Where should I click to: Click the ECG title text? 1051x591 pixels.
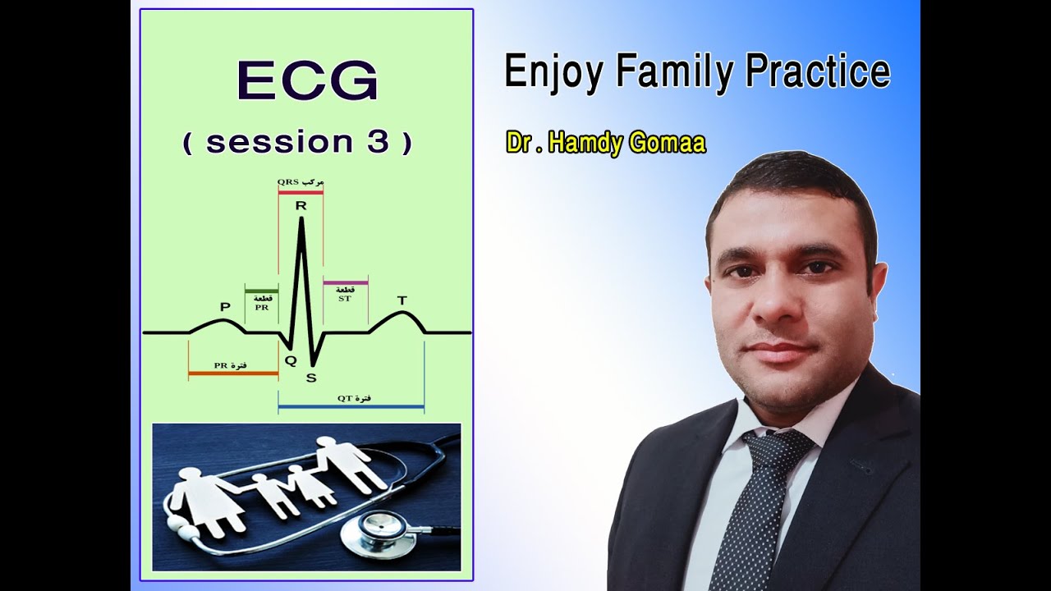(307, 82)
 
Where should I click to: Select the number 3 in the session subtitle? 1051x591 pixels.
(378, 142)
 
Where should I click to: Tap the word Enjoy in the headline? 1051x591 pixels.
(553, 71)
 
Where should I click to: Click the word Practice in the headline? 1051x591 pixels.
(818, 71)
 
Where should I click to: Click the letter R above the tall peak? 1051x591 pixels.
(301, 205)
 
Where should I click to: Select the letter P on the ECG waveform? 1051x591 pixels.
(225, 307)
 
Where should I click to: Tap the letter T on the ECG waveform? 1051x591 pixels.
(402, 300)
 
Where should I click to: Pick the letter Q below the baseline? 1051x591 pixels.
(290, 360)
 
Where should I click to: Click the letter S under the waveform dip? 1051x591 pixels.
(311, 378)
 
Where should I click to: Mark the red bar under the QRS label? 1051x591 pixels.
(301, 192)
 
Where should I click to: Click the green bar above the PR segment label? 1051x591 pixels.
(261, 291)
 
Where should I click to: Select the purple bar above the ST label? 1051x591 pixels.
(345, 283)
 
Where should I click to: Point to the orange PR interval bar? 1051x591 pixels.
(233, 373)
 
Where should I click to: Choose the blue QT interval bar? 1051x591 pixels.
(351, 406)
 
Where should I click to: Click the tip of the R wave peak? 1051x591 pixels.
(301, 218)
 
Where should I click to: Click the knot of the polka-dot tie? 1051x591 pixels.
(778, 448)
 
